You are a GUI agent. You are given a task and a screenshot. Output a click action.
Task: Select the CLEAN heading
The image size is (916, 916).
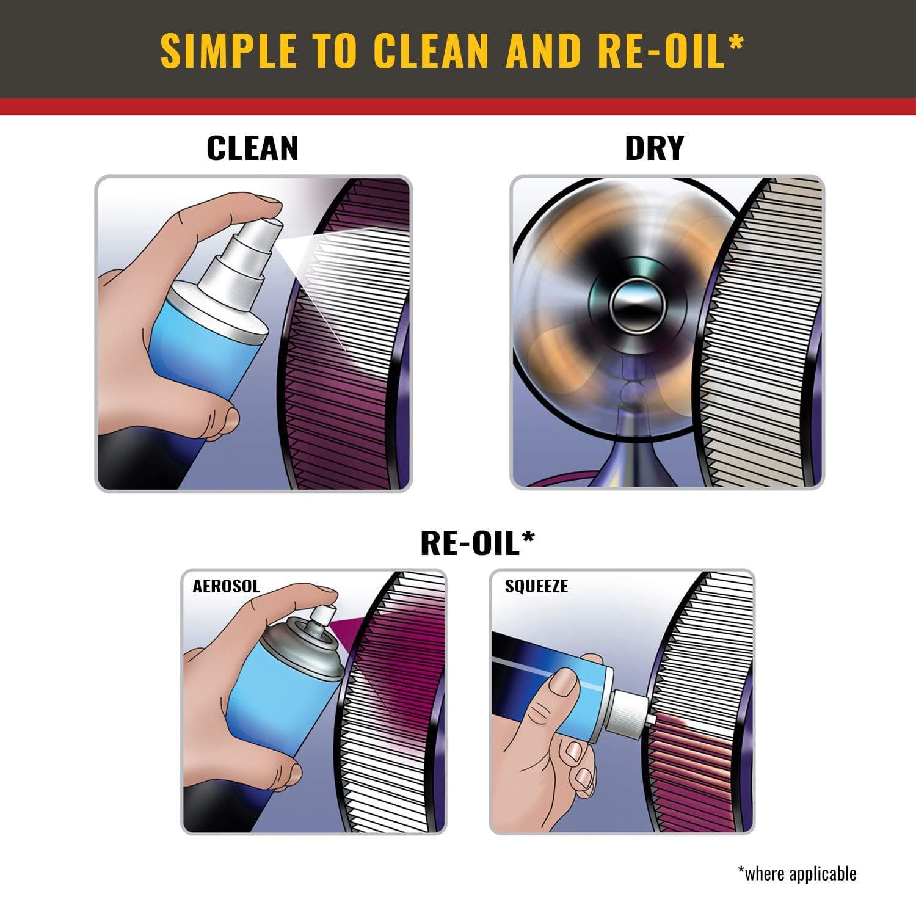252,148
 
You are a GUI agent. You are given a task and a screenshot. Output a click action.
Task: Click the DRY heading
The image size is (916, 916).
654,148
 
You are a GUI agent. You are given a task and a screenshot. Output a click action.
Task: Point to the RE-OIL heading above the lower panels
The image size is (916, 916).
470,543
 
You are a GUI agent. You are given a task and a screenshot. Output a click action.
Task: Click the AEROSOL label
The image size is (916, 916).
226,586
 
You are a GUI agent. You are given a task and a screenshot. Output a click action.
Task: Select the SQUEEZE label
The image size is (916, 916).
536,586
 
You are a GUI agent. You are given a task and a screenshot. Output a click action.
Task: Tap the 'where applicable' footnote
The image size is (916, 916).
797,873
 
